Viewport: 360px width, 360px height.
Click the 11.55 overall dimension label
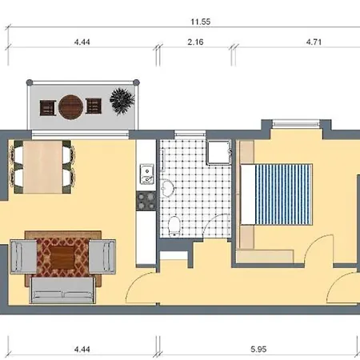(201, 22)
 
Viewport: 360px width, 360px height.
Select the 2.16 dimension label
(195, 42)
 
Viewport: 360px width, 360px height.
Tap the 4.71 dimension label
(314, 42)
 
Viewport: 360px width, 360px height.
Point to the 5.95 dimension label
(258, 349)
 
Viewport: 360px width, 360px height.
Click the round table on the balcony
(70, 107)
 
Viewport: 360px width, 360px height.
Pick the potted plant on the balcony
(122, 102)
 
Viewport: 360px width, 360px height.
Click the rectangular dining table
(42, 167)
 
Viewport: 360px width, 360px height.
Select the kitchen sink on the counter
(147, 174)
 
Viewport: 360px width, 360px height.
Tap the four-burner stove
(146, 201)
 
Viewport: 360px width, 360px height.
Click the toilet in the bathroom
(174, 226)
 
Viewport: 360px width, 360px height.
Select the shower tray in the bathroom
(219, 152)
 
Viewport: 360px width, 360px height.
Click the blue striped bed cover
(283, 194)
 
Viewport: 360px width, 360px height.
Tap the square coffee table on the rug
(62, 258)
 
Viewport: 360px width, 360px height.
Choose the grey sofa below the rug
(63, 290)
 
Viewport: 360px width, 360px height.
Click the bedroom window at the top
(296, 123)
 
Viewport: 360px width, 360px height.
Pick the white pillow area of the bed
(248, 194)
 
